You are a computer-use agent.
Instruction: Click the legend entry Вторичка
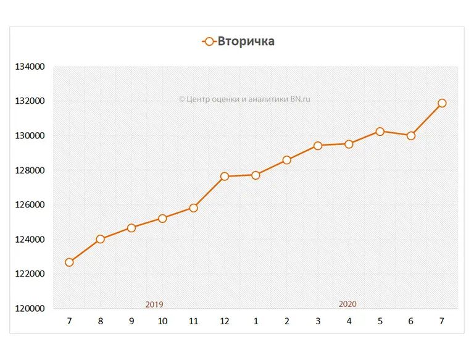click(x=239, y=41)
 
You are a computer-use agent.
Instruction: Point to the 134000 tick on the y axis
click(x=30, y=67)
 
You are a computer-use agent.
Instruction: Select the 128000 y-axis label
click(x=30, y=170)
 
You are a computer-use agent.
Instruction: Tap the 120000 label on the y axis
click(x=30, y=309)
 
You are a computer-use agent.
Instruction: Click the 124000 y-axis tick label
click(x=30, y=240)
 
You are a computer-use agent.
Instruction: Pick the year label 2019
click(x=154, y=304)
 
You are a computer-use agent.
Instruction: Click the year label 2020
click(x=347, y=304)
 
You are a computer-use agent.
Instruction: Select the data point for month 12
click(x=225, y=176)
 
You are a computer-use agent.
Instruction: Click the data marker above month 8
click(x=101, y=239)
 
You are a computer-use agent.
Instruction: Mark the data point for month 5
click(x=380, y=132)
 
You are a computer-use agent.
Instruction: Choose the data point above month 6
click(x=411, y=135)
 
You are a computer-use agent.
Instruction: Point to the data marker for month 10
click(x=162, y=218)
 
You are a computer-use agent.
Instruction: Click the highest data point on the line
click(x=442, y=103)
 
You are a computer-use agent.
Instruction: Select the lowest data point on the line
click(x=69, y=262)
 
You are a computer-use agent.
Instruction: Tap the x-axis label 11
click(x=193, y=321)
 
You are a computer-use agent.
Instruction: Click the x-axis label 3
click(x=318, y=321)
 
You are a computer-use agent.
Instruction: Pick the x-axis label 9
click(x=131, y=321)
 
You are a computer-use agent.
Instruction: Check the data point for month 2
click(x=286, y=160)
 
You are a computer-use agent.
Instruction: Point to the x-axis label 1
click(x=256, y=321)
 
